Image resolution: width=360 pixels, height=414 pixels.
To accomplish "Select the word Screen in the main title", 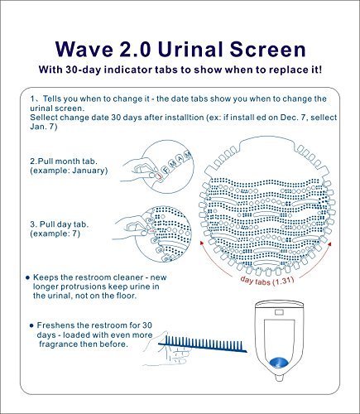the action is tap(267, 49).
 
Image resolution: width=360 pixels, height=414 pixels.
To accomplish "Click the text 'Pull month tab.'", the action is tap(68, 161).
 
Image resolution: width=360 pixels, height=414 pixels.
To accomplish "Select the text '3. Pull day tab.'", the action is tap(60, 224).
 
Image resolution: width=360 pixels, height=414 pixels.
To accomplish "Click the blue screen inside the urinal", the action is tap(279, 362).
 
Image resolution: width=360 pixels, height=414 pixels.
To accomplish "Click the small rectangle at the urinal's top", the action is tap(279, 312).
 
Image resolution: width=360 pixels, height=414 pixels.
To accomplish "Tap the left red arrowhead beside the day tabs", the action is tap(202, 243).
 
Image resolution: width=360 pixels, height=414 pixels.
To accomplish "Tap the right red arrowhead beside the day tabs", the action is tap(330, 244).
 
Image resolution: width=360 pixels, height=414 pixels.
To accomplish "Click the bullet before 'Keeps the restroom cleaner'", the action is tap(27, 277).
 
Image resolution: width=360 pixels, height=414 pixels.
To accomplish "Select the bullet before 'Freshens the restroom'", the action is tap(31, 325).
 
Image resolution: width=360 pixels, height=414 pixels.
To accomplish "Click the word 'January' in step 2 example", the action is tap(89, 171).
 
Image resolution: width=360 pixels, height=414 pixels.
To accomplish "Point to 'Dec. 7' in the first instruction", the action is tap(292, 118).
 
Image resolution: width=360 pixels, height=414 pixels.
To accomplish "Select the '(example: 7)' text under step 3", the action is tap(55, 233).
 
